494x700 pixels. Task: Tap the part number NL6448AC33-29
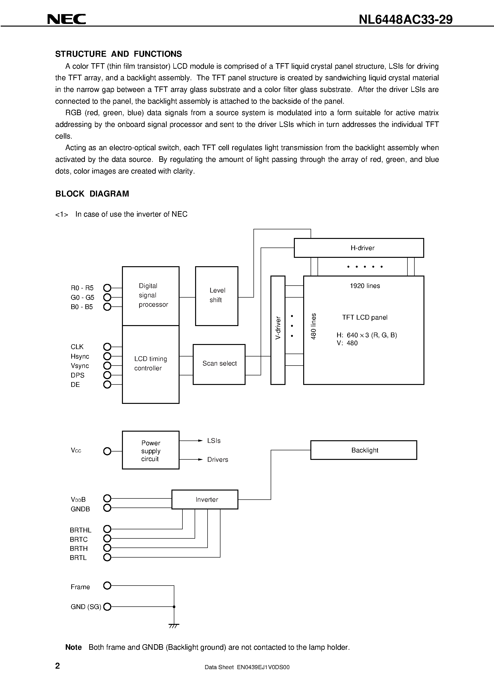405,20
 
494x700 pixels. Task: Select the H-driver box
358,248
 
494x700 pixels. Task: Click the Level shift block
217,296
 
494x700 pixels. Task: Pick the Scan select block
219,364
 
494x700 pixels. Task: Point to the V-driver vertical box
278,330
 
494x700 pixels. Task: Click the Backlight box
363,450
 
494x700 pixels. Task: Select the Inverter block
205,499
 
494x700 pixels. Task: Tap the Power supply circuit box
150,451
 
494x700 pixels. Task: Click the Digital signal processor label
153,295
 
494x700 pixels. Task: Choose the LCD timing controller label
150,363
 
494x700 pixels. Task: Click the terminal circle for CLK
107,347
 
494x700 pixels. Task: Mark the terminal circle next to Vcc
107,451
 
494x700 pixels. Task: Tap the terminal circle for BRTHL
107,529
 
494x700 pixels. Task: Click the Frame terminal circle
107,586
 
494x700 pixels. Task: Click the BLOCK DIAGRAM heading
92,194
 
